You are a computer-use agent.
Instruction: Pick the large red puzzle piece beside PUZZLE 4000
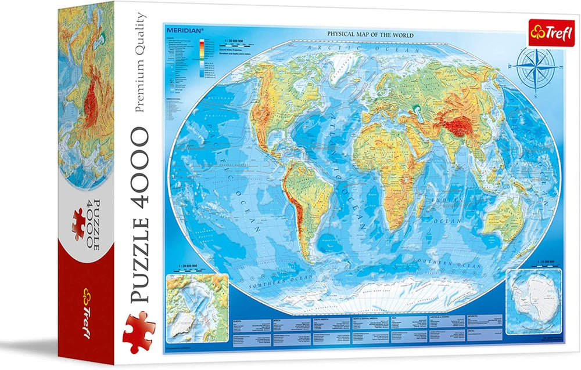[x=135, y=327]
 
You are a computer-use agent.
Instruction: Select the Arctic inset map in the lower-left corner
[x=195, y=300]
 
